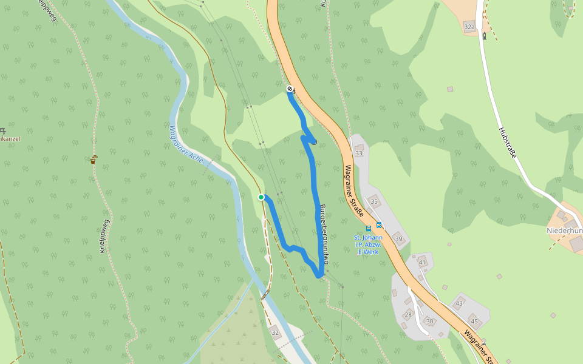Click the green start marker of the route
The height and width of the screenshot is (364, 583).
coord(261,197)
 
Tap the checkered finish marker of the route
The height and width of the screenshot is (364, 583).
coord(290,89)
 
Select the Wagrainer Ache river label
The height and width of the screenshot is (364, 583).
coord(186,144)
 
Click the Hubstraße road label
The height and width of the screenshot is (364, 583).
coord(507,143)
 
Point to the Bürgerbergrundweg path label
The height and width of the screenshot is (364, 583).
coord(324,234)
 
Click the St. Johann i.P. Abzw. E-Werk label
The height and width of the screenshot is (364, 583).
coord(369,244)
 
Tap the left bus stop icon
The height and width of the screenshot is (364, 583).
coord(369,228)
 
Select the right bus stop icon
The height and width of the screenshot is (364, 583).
coord(379,225)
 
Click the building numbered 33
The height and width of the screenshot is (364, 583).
coord(358,153)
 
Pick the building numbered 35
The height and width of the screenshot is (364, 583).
coord(374,201)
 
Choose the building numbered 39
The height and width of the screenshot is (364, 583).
coord(398,239)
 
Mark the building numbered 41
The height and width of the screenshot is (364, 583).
coord(422,262)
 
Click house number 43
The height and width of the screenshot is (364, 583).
coord(459,303)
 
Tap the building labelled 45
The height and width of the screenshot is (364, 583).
coord(474,321)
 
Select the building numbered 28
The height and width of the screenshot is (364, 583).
coord(408,314)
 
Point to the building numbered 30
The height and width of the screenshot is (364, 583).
coord(430,321)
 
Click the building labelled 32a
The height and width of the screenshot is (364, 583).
coord(469,27)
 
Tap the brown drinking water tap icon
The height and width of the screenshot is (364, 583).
coord(93,160)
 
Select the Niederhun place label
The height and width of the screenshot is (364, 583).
coord(565,231)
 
